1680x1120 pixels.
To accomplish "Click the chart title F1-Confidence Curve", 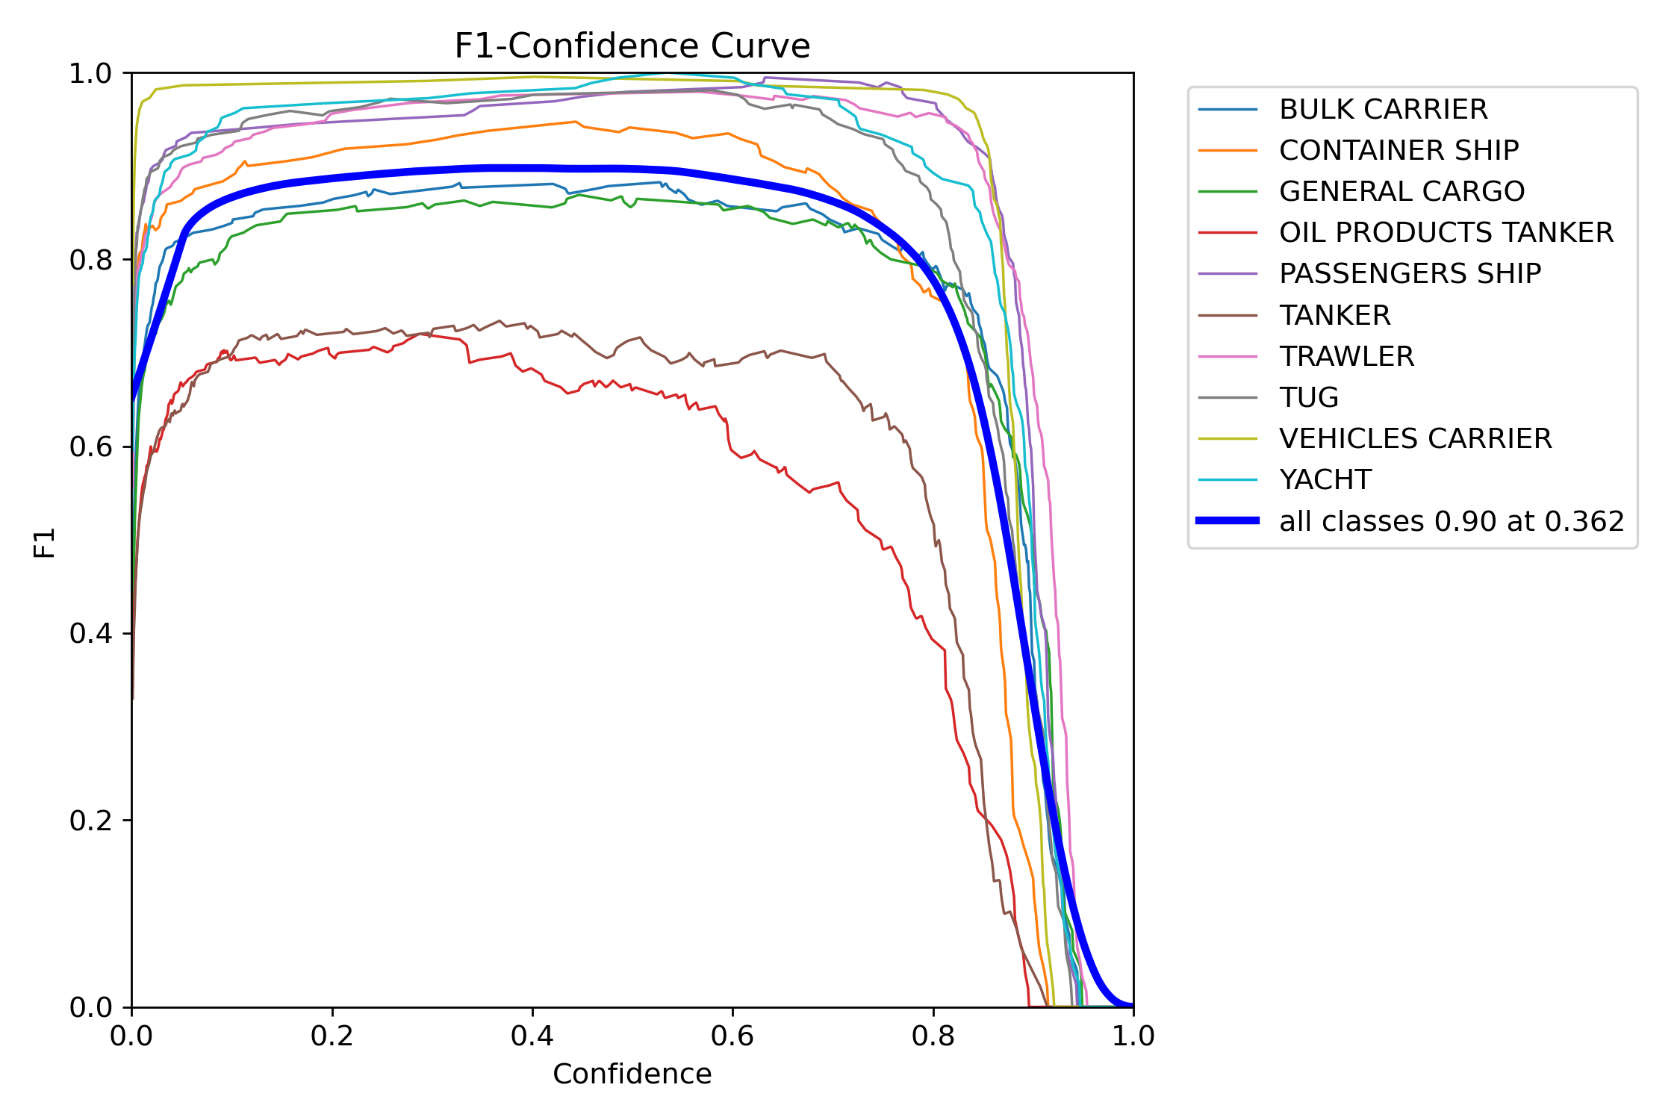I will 632,46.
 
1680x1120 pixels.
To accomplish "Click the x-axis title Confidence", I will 632,1074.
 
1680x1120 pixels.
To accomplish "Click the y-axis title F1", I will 45,543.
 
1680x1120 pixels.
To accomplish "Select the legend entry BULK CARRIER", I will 1383,110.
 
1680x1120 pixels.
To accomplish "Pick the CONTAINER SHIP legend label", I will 1399,151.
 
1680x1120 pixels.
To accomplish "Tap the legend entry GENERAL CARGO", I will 1401,192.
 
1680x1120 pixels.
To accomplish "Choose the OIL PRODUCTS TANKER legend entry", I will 1446,233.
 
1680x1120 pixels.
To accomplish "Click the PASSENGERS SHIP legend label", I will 1410,274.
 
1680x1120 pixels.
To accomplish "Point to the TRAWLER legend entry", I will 1346,357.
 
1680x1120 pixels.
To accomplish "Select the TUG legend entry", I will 1308,398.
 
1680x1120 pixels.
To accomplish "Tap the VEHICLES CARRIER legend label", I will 1415,439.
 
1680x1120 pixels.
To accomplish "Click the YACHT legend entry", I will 1325,480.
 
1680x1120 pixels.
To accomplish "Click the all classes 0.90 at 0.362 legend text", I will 1451,521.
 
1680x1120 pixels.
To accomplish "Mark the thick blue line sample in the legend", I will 1228,520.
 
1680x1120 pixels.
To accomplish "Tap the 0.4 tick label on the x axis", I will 532,1036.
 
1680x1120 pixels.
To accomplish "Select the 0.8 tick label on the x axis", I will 933,1036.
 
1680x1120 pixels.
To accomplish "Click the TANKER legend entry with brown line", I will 1334,316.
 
